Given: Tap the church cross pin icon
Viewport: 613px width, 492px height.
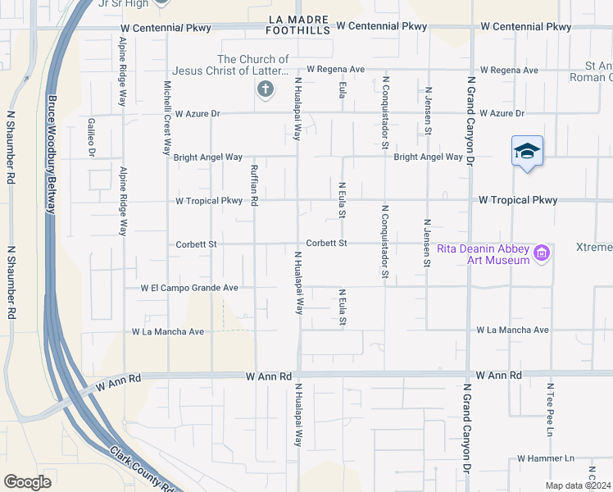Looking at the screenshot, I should point(265,90).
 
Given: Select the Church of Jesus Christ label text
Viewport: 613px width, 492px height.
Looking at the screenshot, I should point(253,65).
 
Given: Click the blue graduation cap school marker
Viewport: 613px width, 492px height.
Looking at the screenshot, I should point(528,151).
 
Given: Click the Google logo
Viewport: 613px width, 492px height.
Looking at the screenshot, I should point(27,481).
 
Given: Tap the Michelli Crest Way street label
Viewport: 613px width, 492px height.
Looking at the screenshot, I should point(166,118).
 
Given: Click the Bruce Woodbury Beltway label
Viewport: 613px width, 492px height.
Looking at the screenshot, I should point(51,154).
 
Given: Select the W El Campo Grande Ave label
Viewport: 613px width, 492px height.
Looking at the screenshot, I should point(189,288).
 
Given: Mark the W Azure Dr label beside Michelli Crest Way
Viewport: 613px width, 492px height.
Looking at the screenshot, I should point(198,113).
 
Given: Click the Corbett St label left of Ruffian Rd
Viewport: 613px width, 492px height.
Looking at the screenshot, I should point(196,244).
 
